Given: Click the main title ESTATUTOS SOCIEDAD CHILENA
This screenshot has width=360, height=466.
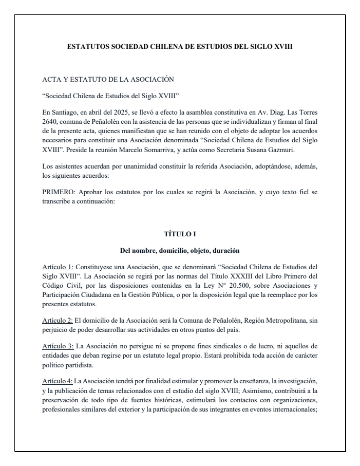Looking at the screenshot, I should (180, 46).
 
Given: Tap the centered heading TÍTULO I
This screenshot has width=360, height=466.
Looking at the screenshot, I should (180, 234).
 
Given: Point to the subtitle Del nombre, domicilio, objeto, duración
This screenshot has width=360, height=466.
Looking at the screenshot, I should (180, 251).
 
